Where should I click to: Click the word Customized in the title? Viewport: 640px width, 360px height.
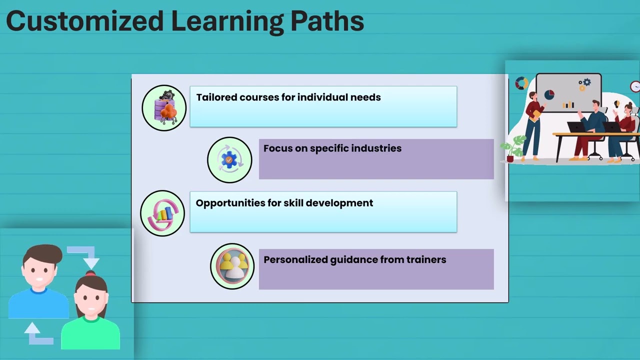point(84,21)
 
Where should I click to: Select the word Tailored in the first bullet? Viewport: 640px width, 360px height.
point(216,97)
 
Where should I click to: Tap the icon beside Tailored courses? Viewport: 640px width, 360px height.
point(164,107)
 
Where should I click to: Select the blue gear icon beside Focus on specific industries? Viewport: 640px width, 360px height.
point(229,159)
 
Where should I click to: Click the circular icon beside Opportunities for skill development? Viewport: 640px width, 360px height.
point(162,213)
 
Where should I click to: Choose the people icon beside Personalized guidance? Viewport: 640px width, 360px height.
point(232,266)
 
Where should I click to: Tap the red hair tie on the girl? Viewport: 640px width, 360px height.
point(90,273)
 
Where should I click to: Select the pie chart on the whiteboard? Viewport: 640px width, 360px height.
point(549,94)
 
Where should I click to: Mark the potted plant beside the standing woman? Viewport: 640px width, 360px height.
point(513,148)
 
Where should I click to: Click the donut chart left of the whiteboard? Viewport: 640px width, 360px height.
point(521,83)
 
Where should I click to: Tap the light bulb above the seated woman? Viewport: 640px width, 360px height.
point(617,104)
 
